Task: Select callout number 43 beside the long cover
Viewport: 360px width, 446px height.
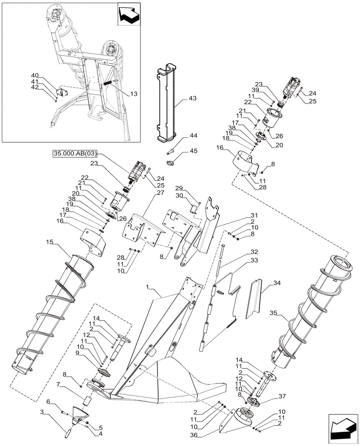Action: (192, 98)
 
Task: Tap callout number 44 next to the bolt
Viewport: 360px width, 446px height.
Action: (193, 136)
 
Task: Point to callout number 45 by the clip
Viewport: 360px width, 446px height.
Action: (193, 151)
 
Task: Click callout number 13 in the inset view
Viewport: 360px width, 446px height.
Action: (134, 94)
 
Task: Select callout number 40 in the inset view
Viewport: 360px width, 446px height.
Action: (35, 75)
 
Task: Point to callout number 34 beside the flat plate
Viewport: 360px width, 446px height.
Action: (277, 283)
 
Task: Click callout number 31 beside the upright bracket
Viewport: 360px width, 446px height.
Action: (254, 215)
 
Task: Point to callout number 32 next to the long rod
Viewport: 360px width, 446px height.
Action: (254, 252)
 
